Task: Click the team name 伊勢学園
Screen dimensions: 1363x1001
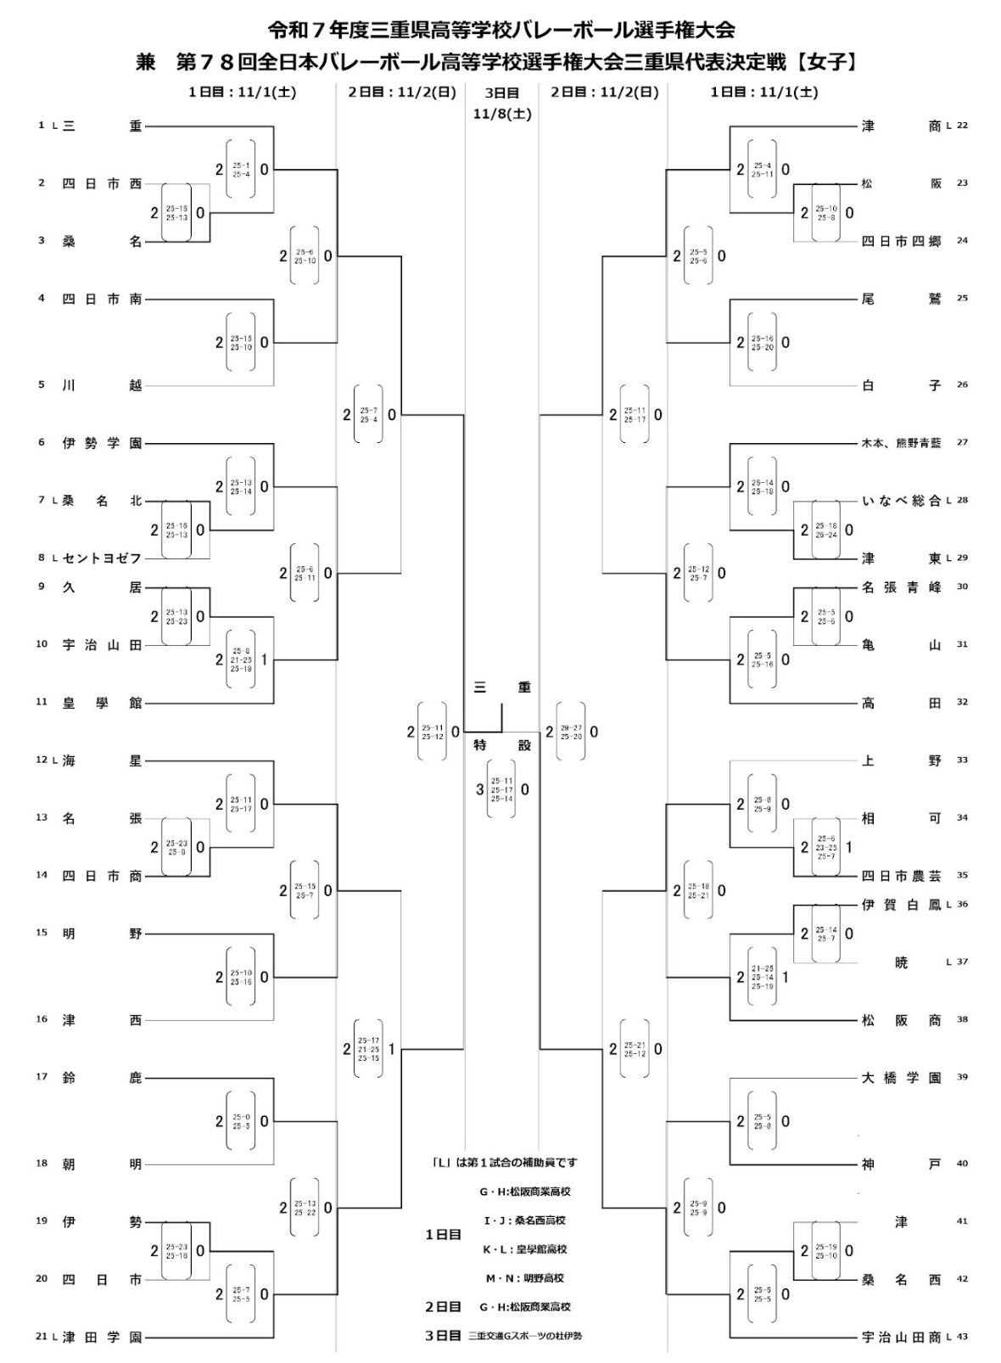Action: click(102, 443)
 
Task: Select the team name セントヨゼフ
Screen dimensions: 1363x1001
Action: click(102, 558)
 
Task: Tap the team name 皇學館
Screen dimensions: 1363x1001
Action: click(102, 703)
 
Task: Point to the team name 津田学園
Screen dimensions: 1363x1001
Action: click(102, 1338)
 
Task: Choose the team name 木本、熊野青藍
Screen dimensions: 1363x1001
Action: click(901, 443)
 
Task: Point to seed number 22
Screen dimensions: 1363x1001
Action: click(962, 126)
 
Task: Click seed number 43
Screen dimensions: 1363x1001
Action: click(962, 1338)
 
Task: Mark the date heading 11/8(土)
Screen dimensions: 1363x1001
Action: click(502, 113)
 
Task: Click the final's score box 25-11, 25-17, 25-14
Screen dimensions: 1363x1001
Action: click(501, 790)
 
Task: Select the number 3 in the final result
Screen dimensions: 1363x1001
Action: click(480, 790)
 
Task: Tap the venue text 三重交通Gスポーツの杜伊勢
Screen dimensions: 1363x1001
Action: click(525, 1336)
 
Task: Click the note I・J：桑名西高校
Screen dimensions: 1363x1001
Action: click(524, 1220)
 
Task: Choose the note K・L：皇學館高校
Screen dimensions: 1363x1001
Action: click(524, 1249)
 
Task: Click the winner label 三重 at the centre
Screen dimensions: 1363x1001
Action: click(502, 687)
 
